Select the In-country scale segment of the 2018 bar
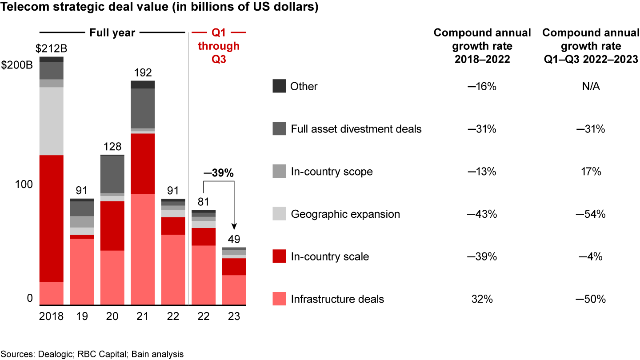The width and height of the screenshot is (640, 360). click(x=51, y=218)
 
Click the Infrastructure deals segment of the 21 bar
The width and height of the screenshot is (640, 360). click(x=143, y=249)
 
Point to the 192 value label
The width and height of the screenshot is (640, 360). click(x=143, y=72)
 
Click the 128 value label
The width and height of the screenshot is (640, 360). click(x=112, y=146)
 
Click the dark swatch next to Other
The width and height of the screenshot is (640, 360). click(x=279, y=86)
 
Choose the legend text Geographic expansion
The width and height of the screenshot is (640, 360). click(x=345, y=214)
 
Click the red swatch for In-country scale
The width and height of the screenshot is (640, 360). click(x=279, y=257)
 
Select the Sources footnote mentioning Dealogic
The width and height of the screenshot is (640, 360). click(x=92, y=354)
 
